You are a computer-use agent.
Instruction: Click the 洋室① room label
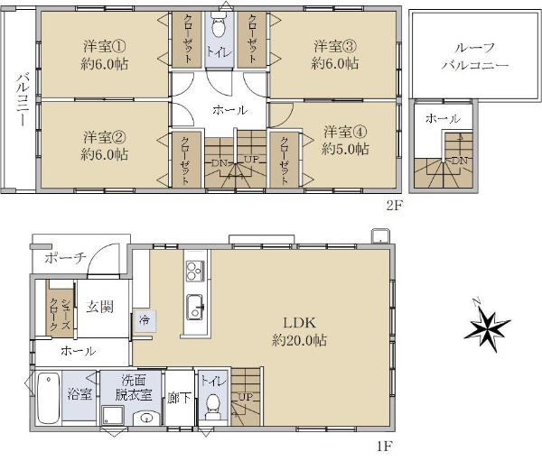(x=105, y=46)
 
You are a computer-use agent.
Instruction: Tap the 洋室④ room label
(x=345, y=132)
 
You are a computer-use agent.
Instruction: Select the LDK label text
(x=299, y=323)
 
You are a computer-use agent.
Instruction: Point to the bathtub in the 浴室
(x=49, y=398)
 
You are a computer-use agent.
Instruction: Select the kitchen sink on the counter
(x=195, y=307)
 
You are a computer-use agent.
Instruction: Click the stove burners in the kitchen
(x=195, y=271)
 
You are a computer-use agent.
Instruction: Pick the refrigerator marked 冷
(x=145, y=321)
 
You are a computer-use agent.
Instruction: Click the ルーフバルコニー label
(x=474, y=57)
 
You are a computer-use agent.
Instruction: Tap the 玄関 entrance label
(x=100, y=307)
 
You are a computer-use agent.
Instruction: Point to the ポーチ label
(x=65, y=258)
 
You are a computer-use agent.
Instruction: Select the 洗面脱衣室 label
(x=134, y=388)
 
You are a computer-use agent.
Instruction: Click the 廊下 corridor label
(x=179, y=398)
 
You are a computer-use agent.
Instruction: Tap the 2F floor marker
(x=395, y=206)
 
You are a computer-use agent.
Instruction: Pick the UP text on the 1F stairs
(x=246, y=397)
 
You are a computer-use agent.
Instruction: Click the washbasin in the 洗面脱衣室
(x=146, y=419)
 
